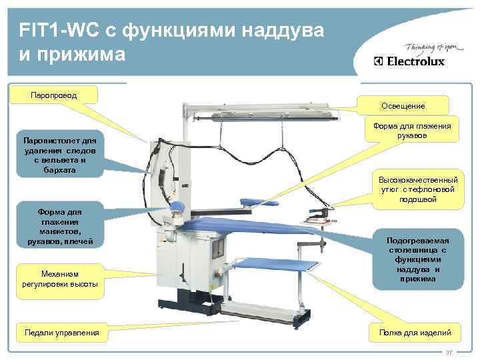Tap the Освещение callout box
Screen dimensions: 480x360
[403, 106]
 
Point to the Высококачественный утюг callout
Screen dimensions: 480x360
[418, 189]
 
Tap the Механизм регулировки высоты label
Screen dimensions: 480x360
[60, 279]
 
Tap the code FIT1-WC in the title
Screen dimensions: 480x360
[57, 30]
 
